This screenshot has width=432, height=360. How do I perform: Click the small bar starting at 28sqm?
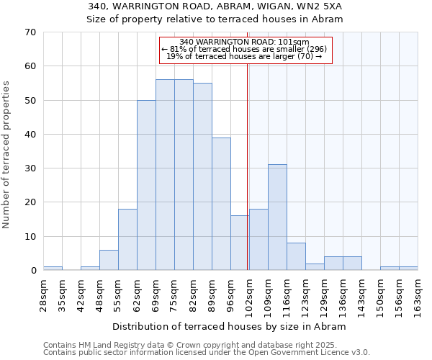point(53,269)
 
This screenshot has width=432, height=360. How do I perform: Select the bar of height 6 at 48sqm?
point(109,260)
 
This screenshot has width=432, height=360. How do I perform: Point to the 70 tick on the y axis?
point(30,32)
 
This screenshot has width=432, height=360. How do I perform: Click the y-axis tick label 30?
point(30,168)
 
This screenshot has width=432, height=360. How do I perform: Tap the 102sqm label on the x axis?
point(249,295)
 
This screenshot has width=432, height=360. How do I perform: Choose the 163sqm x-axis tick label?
point(418,295)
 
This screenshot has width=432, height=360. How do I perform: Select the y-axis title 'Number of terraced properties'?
point(7,155)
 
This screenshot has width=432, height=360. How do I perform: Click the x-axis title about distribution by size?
point(230,326)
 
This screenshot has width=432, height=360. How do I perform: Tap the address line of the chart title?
point(215,6)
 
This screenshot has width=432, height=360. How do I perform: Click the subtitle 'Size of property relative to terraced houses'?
point(215,19)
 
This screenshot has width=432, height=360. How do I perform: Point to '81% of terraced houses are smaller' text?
point(244,49)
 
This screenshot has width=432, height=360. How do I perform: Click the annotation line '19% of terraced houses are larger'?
point(244,56)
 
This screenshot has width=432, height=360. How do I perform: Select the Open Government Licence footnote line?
point(206,352)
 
